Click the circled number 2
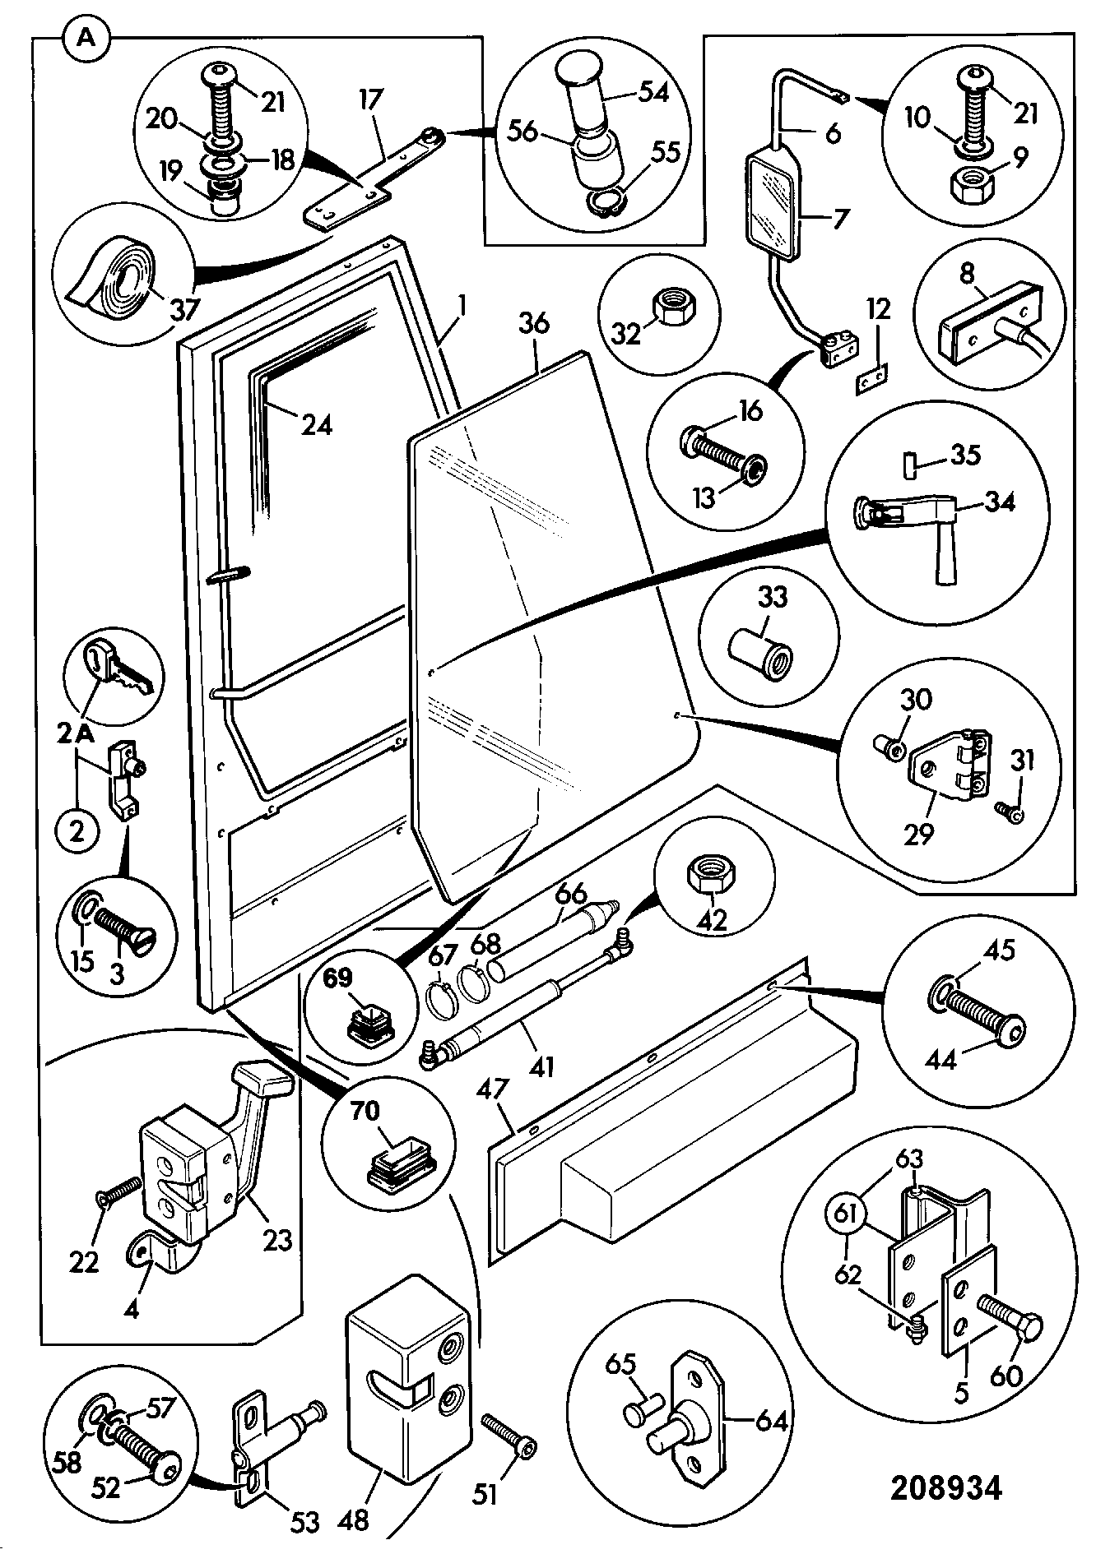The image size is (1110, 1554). click(x=77, y=832)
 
